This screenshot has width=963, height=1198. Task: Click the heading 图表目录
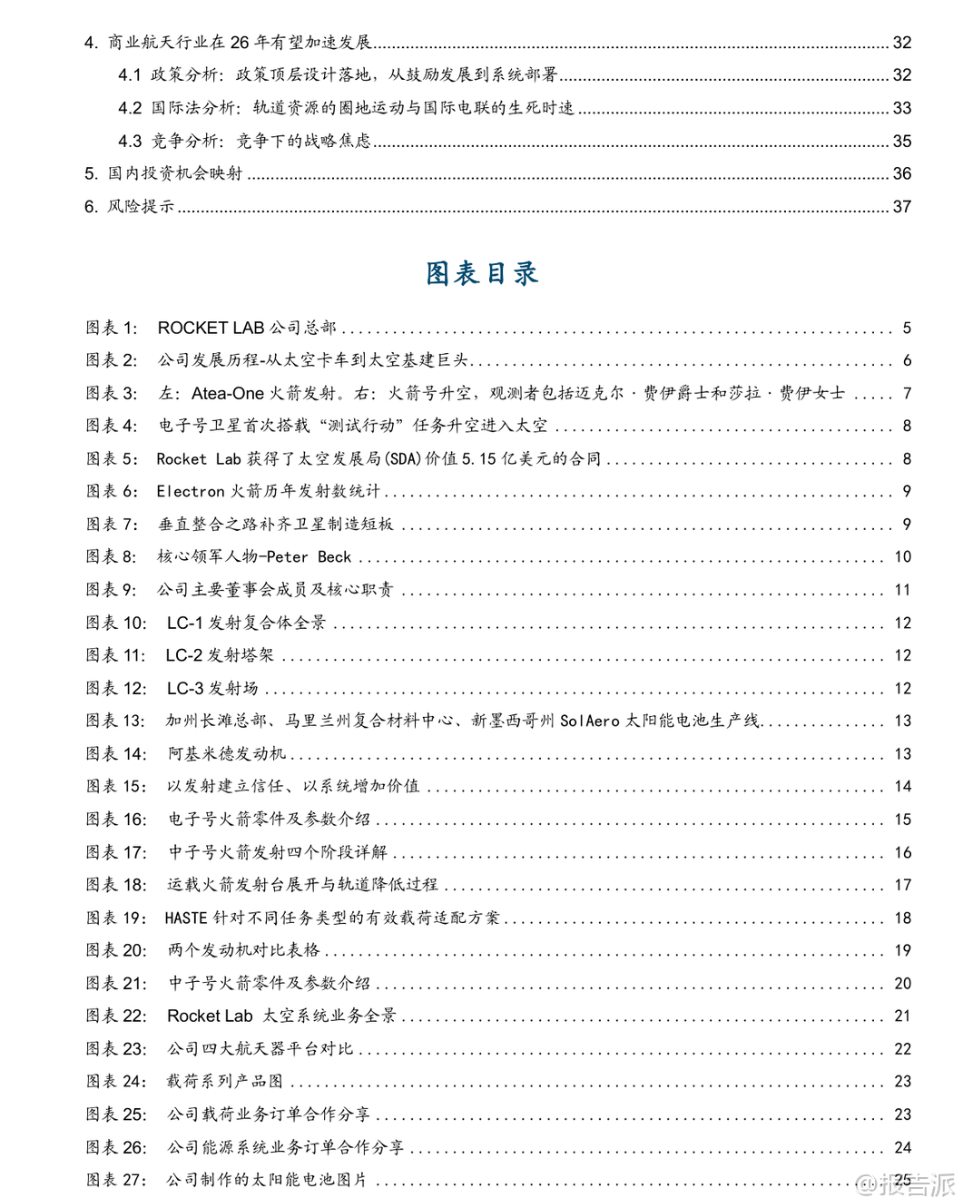coord(482,273)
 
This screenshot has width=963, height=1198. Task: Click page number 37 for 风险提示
coord(901,207)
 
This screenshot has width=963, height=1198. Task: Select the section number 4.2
coord(130,108)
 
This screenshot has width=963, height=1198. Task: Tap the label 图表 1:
coord(112,328)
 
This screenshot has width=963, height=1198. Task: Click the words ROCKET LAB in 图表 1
coord(211,328)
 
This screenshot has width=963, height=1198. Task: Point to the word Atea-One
coord(227,393)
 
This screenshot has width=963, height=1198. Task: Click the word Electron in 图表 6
coord(190,492)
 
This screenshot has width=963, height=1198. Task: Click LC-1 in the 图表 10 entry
coord(184,623)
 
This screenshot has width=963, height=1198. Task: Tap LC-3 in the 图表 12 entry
coord(185,689)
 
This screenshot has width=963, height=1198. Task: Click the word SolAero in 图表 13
coord(589,722)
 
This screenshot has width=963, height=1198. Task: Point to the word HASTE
coord(186,918)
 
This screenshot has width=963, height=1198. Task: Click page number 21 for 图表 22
coord(902,1016)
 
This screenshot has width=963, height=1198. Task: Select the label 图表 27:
coord(116,1180)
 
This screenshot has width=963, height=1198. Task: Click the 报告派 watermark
coord(908,1183)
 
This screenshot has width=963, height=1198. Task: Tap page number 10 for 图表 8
coord(902,557)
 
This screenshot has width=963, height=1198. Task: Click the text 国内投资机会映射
coord(175,173)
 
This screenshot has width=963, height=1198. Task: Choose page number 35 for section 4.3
coord(901,142)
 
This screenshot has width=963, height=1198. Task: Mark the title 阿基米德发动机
coord(227,754)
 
